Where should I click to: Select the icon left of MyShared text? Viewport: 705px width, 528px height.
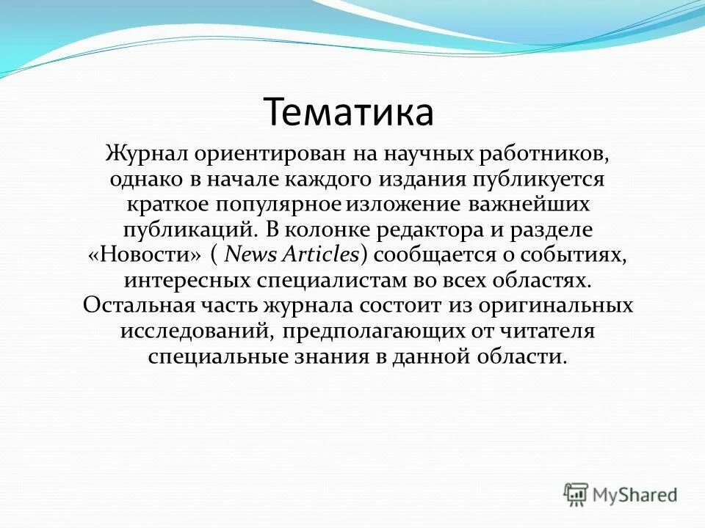coord(576,494)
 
